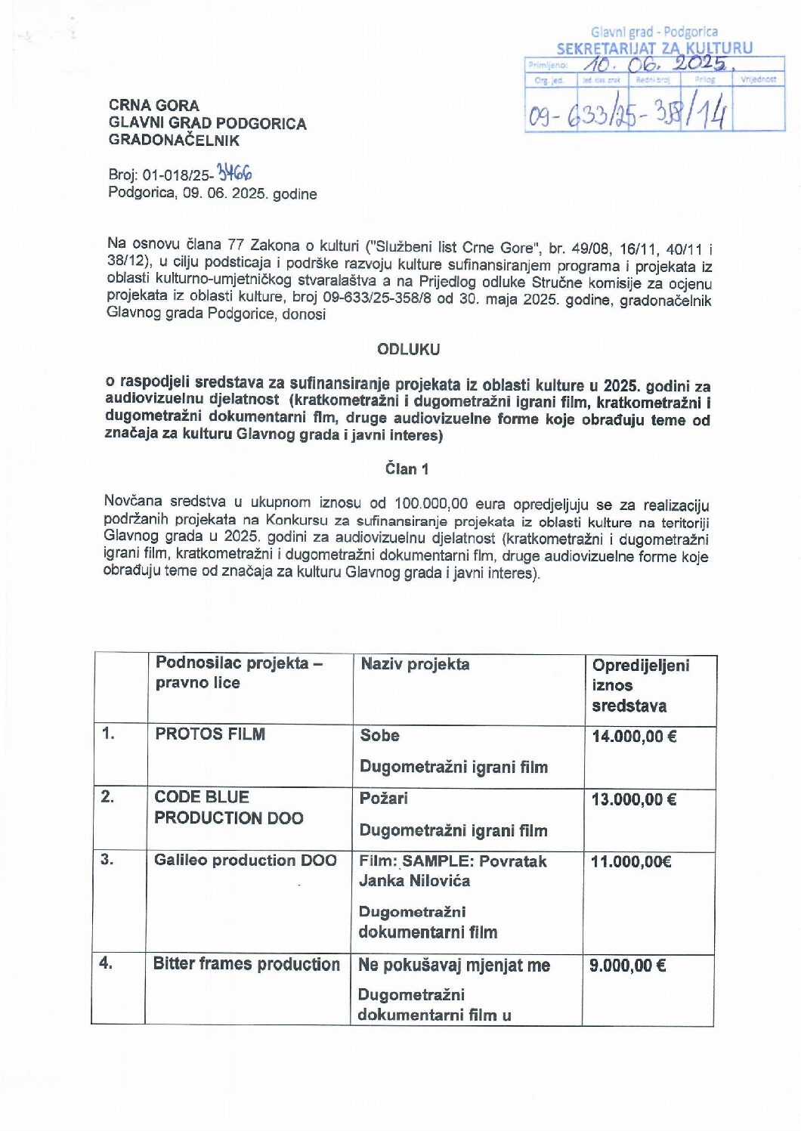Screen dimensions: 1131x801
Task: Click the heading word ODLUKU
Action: point(408,350)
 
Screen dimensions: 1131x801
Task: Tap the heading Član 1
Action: point(407,469)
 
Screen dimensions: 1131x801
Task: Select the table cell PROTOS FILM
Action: point(209,734)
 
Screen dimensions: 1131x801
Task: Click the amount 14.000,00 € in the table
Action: point(634,736)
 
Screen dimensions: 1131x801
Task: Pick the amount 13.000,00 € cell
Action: point(633,799)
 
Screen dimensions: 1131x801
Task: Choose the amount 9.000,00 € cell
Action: point(627,965)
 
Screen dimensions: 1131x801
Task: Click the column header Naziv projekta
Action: point(415,664)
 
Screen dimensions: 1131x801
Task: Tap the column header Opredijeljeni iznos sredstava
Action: point(640,685)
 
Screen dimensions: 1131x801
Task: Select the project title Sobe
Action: point(379,735)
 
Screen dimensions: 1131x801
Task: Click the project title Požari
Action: point(384,798)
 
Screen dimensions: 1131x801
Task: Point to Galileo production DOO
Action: point(245,860)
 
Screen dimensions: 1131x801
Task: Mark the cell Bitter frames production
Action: point(246,964)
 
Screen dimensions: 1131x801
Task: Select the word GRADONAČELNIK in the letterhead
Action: point(174,140)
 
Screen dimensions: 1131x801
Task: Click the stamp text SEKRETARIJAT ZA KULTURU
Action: point(654,48)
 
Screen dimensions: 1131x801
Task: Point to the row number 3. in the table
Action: point(107,859)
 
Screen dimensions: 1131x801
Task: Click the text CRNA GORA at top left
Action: point(153,106)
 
